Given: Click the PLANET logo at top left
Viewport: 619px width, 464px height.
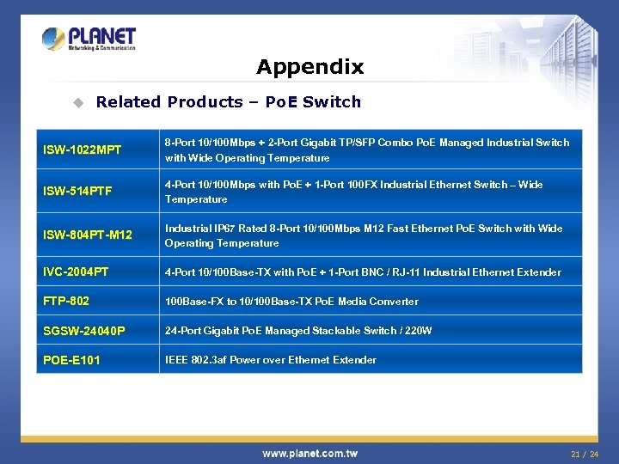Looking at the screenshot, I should point(89,39).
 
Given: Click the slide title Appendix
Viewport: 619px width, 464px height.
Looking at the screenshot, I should point(309,67).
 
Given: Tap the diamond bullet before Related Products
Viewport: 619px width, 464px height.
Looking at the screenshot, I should point(77,103).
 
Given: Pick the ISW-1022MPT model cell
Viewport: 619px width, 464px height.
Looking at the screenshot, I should point(82,150).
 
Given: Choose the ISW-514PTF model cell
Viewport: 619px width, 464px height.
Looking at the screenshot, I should point(77,192).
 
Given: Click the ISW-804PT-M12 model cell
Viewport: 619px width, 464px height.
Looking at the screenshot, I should point(87,235).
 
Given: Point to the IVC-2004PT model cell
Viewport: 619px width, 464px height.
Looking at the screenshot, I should point(76,272).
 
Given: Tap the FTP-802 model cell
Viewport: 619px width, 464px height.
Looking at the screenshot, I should point(66,302).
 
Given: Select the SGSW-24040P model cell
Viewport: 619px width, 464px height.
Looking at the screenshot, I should point(83,331).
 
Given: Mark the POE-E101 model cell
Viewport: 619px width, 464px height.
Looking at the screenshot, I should point(71,360).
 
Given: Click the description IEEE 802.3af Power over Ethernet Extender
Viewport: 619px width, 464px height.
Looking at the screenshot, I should point(270,360).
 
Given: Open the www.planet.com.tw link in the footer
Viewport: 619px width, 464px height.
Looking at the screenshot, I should point(309,453).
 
